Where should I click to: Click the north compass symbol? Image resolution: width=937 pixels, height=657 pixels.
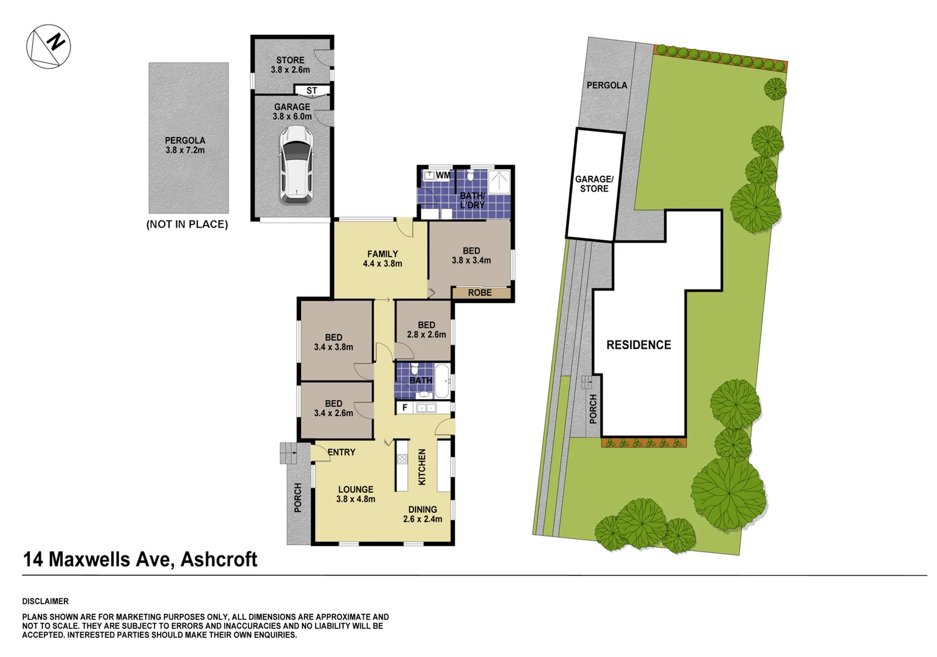(x=49, y=46)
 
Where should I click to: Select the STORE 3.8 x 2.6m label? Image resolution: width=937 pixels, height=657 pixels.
(x=290, y=64)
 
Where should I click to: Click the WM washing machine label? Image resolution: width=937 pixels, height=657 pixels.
(x=443, y=175)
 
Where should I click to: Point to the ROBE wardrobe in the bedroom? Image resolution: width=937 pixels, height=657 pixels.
(x=480, y=293)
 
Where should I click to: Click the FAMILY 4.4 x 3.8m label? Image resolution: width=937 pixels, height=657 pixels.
(x=382, y=259)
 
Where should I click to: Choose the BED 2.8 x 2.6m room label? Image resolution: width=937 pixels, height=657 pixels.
(x=426, y=330)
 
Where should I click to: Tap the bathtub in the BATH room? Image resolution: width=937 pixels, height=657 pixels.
(x=442, y=381)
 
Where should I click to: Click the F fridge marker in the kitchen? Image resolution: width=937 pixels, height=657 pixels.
(x=404, y=408)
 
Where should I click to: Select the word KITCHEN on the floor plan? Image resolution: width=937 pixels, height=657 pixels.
(x=421, y=467)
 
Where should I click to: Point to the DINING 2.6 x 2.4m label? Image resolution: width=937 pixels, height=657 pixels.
(x=422, y=514)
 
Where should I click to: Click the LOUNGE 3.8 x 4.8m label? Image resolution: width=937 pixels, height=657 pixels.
(x=356, y=494)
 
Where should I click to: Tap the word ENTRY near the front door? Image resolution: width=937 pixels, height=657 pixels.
(x=341, y=452)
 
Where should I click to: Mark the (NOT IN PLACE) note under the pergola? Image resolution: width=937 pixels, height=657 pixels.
(x=187, y=224)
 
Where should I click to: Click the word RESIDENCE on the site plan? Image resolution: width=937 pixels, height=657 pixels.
(x=638, y=345)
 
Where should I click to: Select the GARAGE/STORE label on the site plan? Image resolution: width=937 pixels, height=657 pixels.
(x=594, y=184)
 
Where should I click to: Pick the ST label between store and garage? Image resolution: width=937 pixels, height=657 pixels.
(x=311, y=91)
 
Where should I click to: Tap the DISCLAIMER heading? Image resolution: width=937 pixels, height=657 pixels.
(x=46, y=601)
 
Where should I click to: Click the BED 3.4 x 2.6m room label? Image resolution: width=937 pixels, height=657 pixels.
(x=333, y=408)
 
